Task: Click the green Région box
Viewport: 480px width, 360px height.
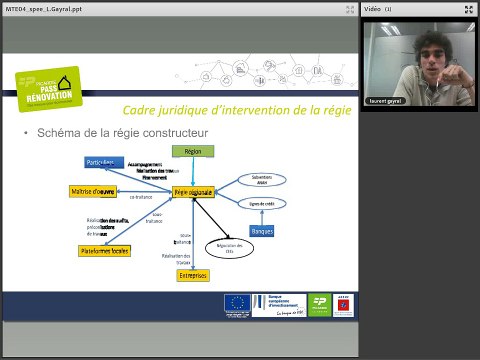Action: pyautogui.click(x=194, y=151)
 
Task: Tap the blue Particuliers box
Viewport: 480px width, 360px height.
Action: pyautogui.click(x=103, y=162)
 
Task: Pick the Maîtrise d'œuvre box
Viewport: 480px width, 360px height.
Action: pyautogui.click(x=94, y=191)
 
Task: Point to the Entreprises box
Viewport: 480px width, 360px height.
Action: pyautogui.click(x=194, y=274)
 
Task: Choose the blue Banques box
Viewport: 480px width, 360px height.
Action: pyautogui.click(x=262, y=231)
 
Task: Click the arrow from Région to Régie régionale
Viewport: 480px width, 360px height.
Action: pyautogui.click(x=194, y=170)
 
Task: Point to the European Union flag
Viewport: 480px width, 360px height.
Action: pyautogui.click(x=238, y=303)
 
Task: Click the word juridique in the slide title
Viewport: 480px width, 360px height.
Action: pyautogui.click(x=191, y=110)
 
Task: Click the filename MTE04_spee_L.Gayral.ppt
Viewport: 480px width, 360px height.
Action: pyautogui.click(x=37, y=9)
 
